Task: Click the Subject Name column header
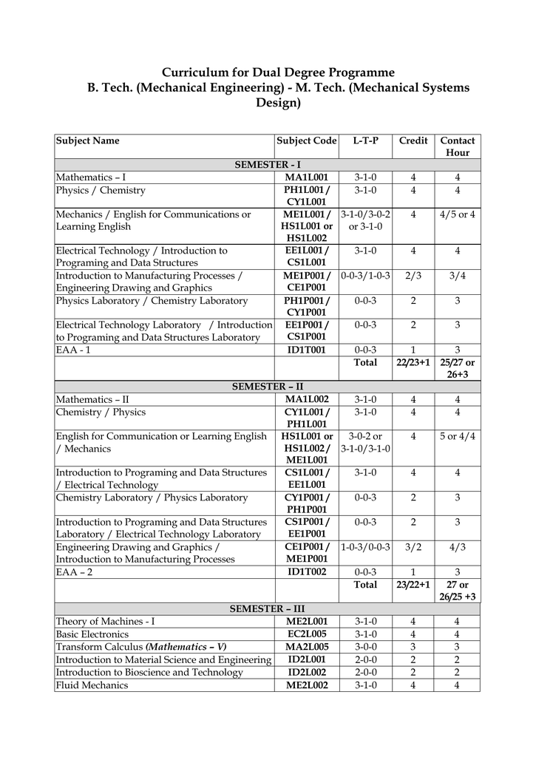(88, 140)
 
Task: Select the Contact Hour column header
(458, 146)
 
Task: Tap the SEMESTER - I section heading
(267, 165)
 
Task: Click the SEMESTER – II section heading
(267, 387)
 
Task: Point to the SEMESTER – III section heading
(267, 608)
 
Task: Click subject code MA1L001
(307, 177)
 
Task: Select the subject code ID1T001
(307, 350)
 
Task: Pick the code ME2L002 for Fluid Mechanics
(307, 685)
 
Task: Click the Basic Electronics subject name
(92, 634)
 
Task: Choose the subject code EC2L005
(307, 634)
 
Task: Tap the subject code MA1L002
(307, 399)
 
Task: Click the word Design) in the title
(278, 103)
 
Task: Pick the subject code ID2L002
(307, 672)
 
